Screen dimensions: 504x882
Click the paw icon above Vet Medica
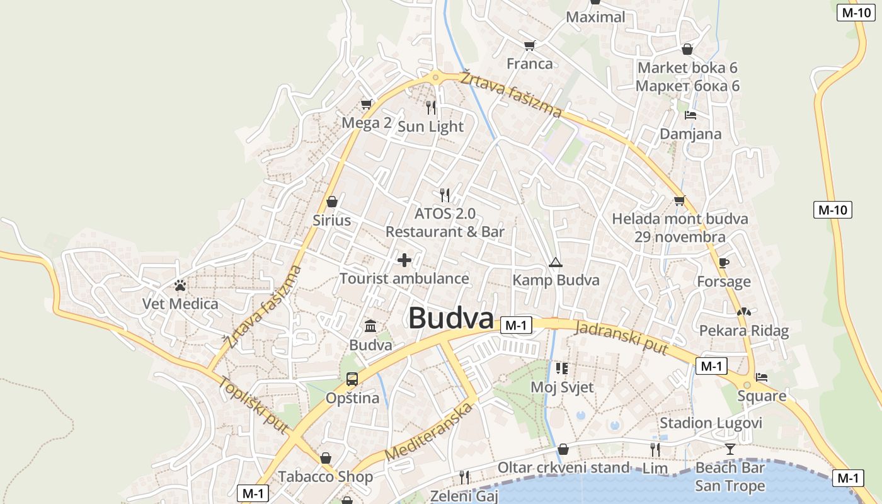click(180, 285)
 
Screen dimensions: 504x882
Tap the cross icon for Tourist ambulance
click(404, 260)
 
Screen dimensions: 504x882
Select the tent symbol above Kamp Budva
click(555, 262)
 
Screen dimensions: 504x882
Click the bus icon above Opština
click(352, 379)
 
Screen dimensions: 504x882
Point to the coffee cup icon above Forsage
click(723, 263)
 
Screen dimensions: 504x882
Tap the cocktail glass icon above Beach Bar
click(730, 449)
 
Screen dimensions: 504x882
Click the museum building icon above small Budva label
click(370, 326)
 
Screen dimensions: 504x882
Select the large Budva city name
click(450, 318)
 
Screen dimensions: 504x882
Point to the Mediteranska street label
click(428, 432)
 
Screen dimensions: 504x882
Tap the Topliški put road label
click(254, 405)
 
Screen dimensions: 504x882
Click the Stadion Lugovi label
click(711, 423)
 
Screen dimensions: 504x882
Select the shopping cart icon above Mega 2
click(366, 104)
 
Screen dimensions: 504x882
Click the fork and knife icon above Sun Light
click(431, 107)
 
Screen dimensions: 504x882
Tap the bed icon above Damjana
click(690, 115)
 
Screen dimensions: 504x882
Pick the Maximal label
click(595, 17)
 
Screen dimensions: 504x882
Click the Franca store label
click(529, 64)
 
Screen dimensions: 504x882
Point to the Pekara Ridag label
click(743, 331)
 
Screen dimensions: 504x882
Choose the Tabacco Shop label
click(326, 476)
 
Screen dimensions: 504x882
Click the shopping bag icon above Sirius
click(332, 202)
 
